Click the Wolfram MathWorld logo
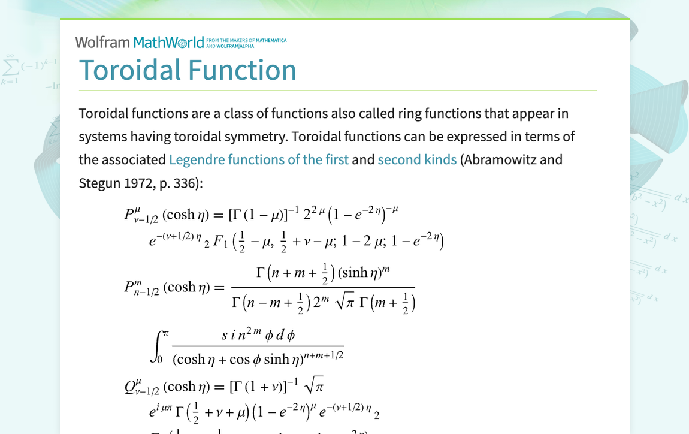tap(139, 42)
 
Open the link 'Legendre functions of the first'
tap(258, 160)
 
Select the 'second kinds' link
tap(417, 160)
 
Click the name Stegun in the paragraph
tap(99, 183)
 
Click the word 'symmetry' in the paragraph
tap(256, 137)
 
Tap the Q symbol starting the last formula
tap(130, 387)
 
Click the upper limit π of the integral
tap(166, 333)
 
